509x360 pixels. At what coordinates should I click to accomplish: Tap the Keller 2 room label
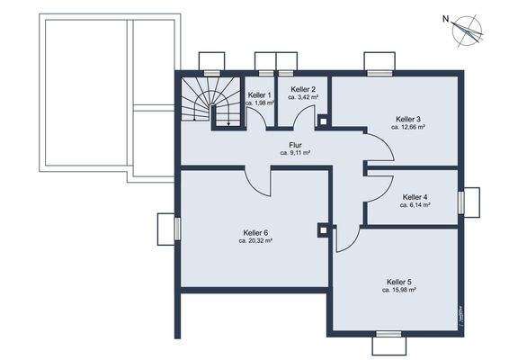tap(301, 89)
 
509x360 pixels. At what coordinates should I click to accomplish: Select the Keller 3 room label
tap(408, 119)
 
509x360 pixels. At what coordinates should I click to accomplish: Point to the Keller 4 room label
tap(415, 196)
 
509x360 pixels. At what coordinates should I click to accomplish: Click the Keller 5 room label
tap(398, 282)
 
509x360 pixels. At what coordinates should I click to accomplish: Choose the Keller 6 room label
tap(255, 232)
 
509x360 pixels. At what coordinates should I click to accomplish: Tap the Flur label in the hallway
tap(295, 145)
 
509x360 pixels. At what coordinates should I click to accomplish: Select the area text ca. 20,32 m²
tap(255, 241)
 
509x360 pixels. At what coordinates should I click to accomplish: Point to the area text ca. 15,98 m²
tap(398, 291)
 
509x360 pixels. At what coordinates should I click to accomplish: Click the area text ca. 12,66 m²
tap(408, 128)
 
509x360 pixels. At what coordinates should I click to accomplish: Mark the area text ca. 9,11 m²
tap(295, 153)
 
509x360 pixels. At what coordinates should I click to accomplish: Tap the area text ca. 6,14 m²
tap(415, 205)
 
